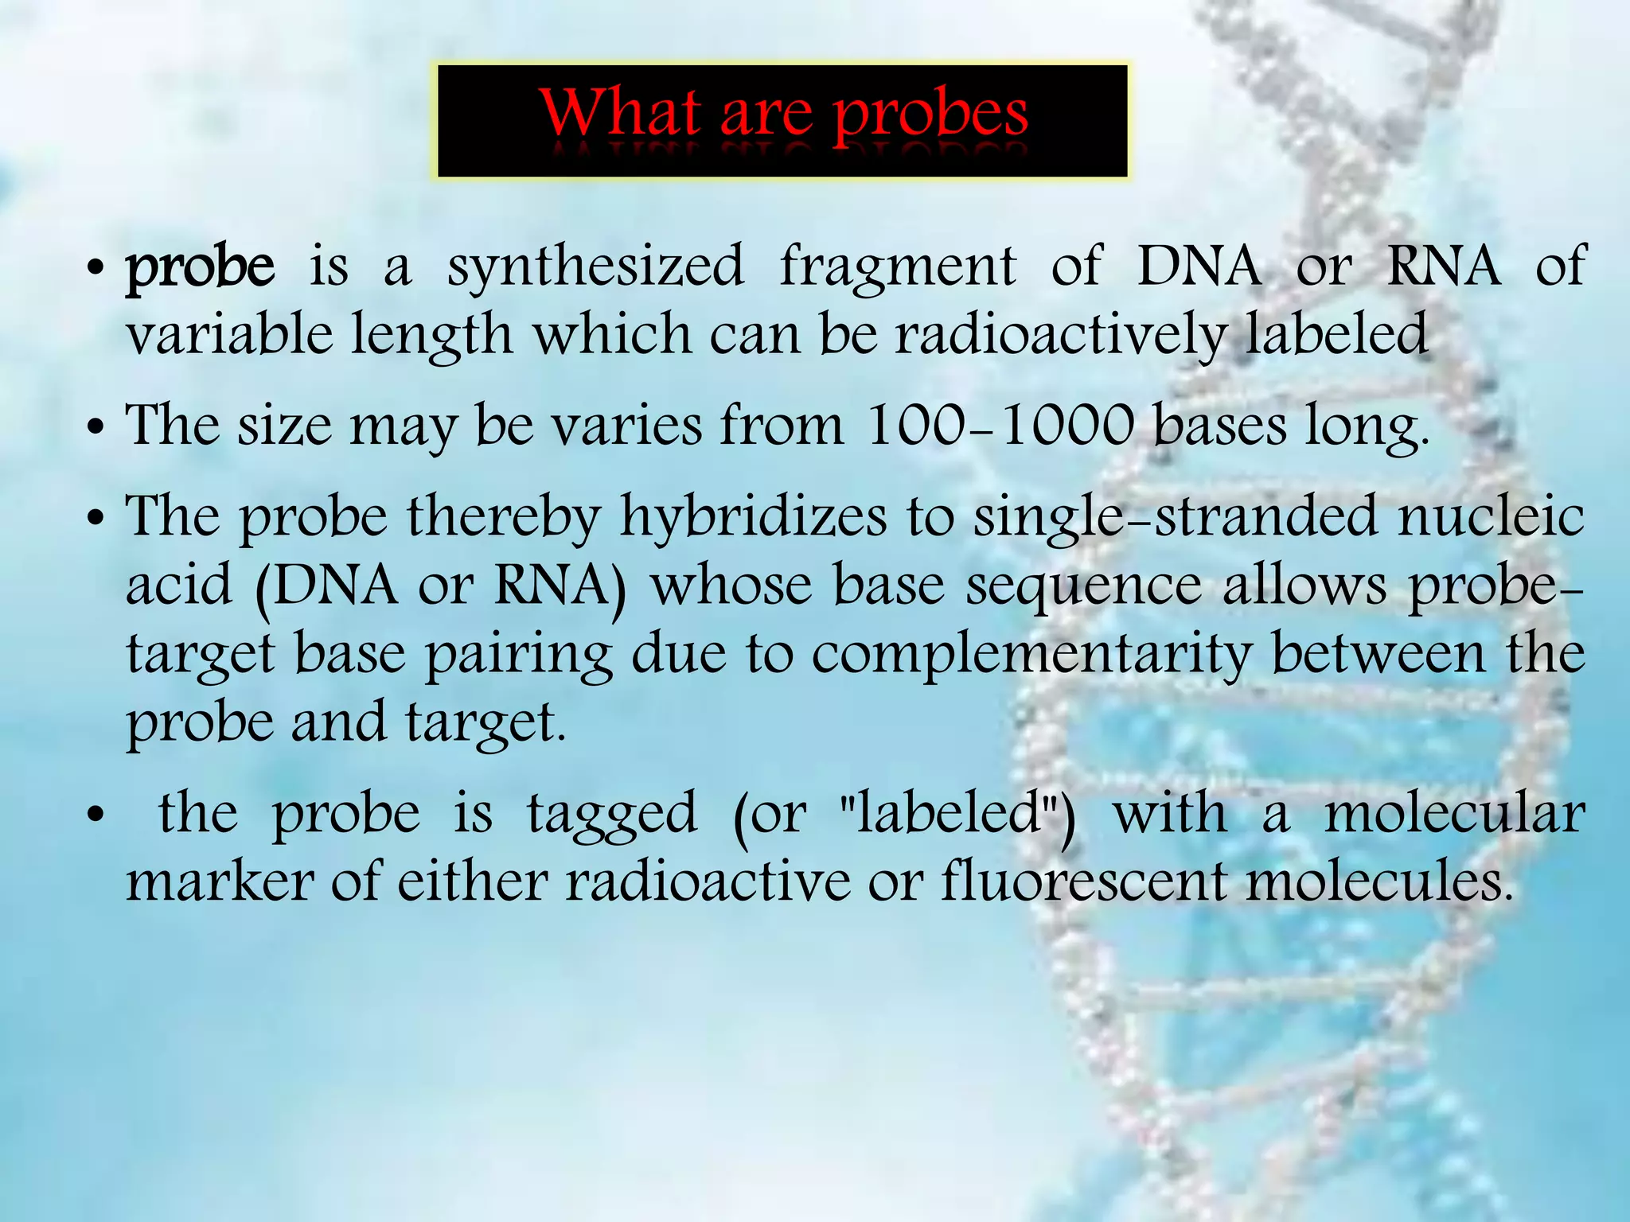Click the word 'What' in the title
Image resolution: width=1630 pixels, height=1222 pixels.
pyautogui.click(x=620, y=114)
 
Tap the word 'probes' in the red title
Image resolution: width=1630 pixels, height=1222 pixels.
pyautogui.click(x=930, y=117)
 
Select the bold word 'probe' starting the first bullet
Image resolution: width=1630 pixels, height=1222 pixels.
pyautogui.click(x=201, y=267)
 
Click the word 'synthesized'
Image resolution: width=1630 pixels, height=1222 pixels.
pyautogui.click(x=595, y=267)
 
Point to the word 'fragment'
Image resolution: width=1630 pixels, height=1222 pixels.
pyautogui.click(x=898, y=267)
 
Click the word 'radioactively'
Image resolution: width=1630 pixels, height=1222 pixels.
pyautogui.click(x=1060, y=336)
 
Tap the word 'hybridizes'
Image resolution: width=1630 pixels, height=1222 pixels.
pyautogui.click(x=753, y=518)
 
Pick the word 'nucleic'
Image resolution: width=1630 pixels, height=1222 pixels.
pyautogui.click(x=1491, y=516)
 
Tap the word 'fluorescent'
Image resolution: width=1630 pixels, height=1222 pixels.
pyautogui.click(x=1083, y=882)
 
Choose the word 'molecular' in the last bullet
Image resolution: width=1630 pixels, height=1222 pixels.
pyautogui.click(x=1454, y=815)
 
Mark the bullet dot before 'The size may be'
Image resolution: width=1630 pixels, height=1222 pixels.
pyautogui.click(x=96, y=428)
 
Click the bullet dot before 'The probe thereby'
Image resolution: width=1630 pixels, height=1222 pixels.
pyautogui.click(x=96, y=520)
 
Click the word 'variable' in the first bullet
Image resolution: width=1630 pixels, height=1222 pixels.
pyautogui.click(x=229, y=334)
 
